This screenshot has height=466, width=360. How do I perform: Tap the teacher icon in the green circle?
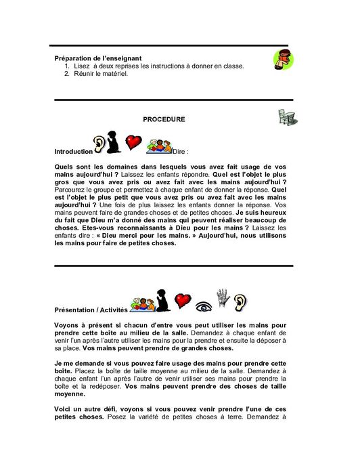[x=283, y=60]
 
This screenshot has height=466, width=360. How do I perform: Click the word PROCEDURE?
[x=164, y=119]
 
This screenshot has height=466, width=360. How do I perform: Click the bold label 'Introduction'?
[x=73, y=152]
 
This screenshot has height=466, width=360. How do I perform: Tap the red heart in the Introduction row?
[x=133, y=142]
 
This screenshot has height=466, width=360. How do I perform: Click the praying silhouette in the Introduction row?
[x=114, y=143]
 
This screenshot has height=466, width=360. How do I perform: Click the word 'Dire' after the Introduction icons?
[x=179, y=152]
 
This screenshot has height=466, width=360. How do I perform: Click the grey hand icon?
[x=223, y=297]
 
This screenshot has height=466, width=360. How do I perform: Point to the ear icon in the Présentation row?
[x=241, y=301]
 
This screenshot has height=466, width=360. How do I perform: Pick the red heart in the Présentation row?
[x=181, y=300]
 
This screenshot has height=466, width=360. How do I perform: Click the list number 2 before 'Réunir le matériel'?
[x=67, y=73]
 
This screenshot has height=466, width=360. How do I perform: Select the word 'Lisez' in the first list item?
[x=83, y=66]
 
